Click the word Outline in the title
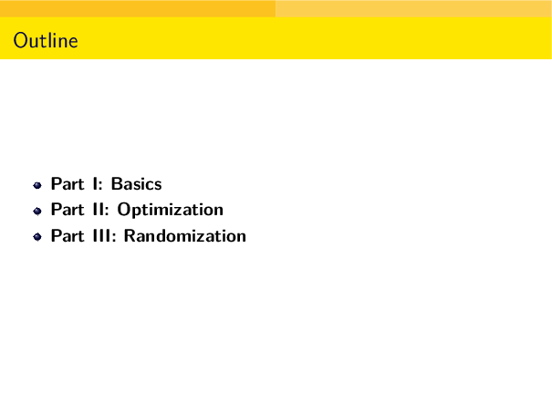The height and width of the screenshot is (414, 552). click(x=46, y=42)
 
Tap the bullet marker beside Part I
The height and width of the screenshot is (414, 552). click(x=37, y=184)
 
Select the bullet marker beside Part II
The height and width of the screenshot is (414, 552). click(x=37, y=211)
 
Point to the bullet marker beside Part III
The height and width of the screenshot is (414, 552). click(x=37, y=237)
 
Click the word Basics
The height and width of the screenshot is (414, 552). click(x=136, y=184)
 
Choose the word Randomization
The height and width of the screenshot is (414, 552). click(x=185, y=236)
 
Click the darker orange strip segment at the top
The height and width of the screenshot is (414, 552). click(x=137, y=8)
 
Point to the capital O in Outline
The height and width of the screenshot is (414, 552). click(x=20, y=42)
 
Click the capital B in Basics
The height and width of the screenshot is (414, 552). click(x=117, y=184)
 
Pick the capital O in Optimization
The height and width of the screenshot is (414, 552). click(x=124, y=210)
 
